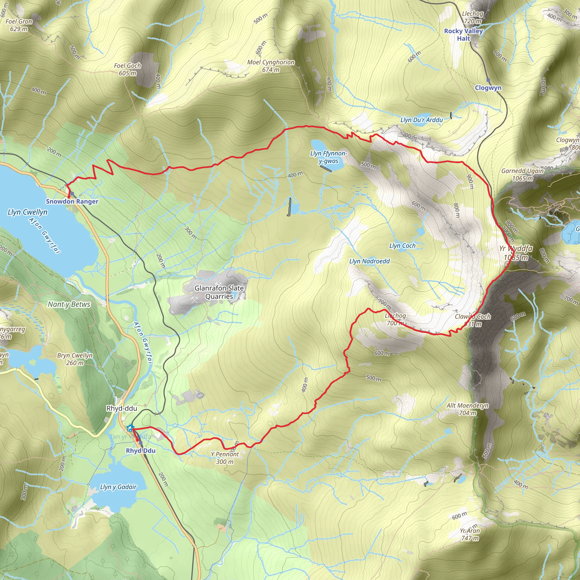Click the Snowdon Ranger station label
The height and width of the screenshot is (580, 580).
click(72, 201)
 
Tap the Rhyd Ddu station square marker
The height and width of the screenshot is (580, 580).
click(140, 443)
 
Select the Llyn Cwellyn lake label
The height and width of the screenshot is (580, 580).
click(28, 212)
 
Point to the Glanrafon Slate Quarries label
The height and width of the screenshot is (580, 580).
click(219, 292)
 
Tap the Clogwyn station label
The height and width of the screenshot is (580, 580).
click(488, 88)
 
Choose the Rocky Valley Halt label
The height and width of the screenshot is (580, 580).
click(464, 35)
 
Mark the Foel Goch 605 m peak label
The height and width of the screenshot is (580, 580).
click(128, 69)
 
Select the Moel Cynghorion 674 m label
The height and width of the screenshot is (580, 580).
click(271, 66)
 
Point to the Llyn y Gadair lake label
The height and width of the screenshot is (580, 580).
click(118, 487)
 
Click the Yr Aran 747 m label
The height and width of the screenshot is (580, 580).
click(470, 534)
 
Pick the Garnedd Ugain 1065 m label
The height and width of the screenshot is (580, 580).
click(522, 174)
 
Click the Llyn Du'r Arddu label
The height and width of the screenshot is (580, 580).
click(421, 120)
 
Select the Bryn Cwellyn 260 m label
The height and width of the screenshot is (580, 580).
click(75, 359)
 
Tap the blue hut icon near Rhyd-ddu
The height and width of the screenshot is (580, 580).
click(130, 428)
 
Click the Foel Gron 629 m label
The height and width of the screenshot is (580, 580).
click(19, 25)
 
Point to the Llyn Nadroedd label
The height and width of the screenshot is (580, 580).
click(370, 261)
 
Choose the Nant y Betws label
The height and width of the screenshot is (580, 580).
click(69, 304)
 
